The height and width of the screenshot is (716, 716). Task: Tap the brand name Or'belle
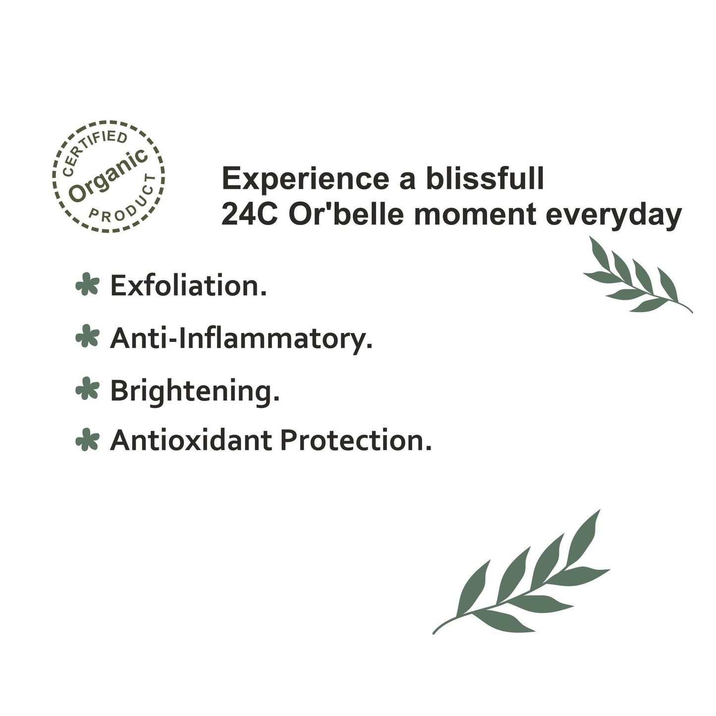pos(346,214)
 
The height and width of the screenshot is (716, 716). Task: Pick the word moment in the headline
pos(475,216)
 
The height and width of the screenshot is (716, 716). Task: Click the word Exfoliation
pos(188,285)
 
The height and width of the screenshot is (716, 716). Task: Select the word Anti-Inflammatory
pos(241,338)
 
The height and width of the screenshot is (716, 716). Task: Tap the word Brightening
pos(195,392)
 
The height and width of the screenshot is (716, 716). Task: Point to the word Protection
pos(356,441)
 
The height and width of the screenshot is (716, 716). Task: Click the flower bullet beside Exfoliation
pos(88,284)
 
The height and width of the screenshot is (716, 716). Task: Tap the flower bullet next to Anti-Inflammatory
pos(88,336)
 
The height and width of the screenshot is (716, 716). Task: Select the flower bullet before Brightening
pos(88,388)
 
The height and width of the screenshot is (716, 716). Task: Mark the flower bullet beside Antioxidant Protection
pos(88,440)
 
